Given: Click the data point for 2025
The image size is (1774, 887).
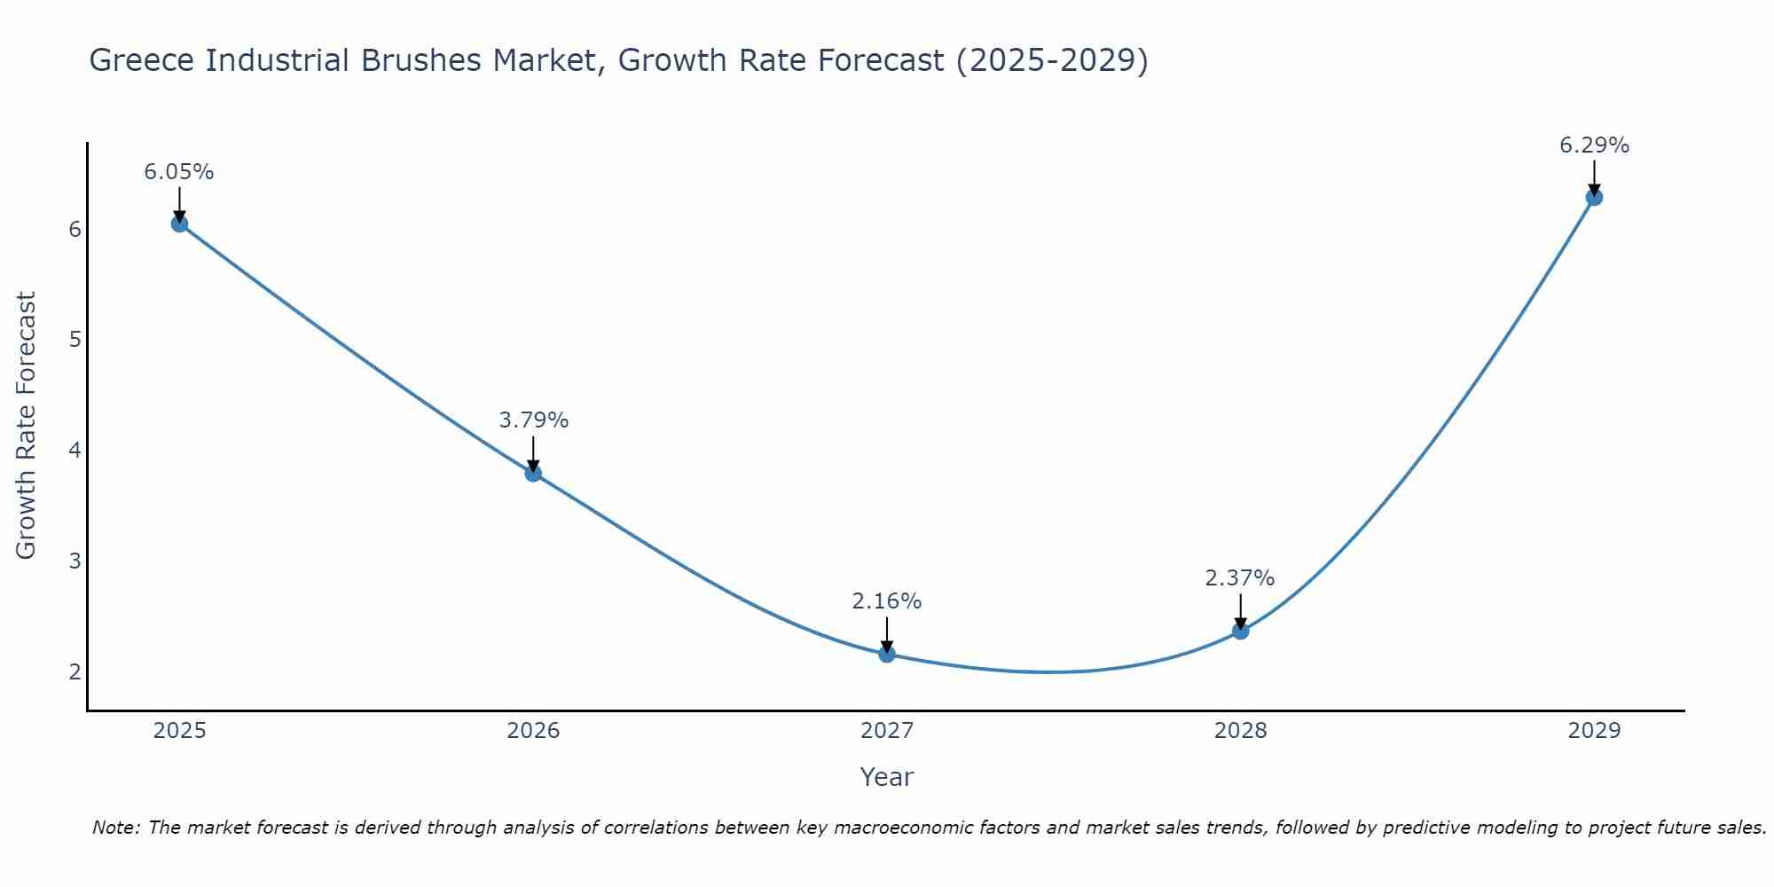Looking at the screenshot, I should (179, 224).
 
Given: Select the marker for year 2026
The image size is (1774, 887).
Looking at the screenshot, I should (533, 474).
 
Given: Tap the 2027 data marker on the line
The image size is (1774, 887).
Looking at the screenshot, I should (887, 655).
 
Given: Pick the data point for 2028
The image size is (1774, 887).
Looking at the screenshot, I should (1240, 632).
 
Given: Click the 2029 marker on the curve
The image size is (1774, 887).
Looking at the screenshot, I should (1594, 197).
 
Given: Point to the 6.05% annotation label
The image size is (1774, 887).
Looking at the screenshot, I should (179, 172).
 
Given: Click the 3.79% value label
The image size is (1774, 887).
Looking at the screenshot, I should (533, 420).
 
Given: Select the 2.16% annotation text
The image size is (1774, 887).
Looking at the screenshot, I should (887, 601).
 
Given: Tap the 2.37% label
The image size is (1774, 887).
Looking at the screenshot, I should (1240, 578).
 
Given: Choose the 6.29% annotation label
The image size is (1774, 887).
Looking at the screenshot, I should (1594, 145).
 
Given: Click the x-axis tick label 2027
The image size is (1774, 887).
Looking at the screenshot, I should (887, 731).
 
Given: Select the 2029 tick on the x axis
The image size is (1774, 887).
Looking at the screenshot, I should (1594, 731).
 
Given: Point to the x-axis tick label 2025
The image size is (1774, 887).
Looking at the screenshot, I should (179, 731).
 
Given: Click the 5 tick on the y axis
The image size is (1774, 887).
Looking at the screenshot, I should (75, 340).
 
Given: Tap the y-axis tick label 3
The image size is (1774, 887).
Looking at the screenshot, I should (75, 561).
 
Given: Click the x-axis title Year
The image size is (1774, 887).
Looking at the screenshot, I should (887, 777).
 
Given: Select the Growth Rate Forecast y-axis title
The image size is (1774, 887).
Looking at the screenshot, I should (27, 426).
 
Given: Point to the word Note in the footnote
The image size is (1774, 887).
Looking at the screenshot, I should (115, 828).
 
